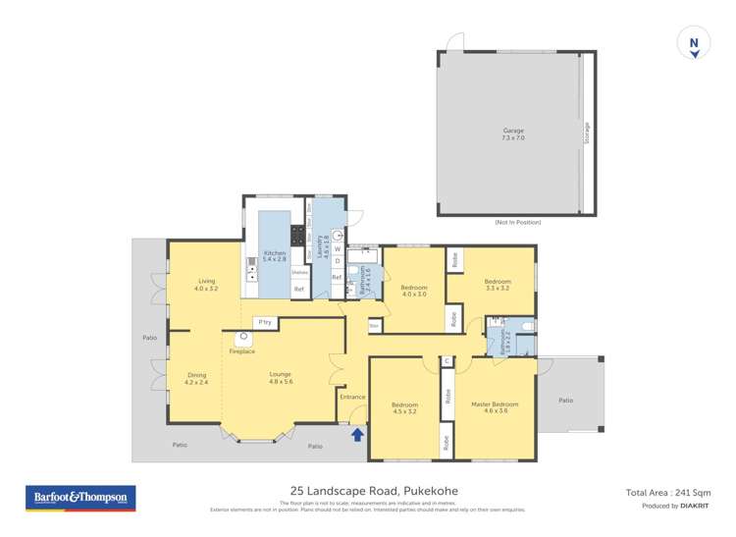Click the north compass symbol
click(x=694, y=45)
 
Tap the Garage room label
click(x=512, y=134)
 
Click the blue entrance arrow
click(x=357, y=434)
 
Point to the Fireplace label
click(x=241, y=350)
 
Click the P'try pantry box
click(x=263, y=322)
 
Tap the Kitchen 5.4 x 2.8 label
click(x=275, y=256)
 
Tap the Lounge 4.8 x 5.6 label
click(x=282, y=377)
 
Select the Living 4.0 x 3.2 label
click(x=204, y=286)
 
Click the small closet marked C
click(x=447, y=361)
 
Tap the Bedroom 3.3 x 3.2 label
click(x=498, y=285)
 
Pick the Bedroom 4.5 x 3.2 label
click(x=405, y=407)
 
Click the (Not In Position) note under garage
click(x=517, y=223)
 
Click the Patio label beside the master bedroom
click(x=565, y=400)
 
